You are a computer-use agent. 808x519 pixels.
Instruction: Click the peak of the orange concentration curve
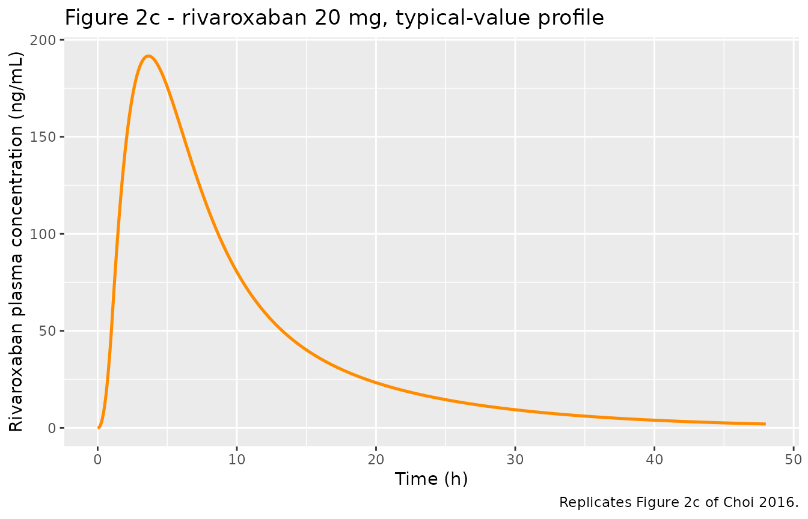tap(148, 56)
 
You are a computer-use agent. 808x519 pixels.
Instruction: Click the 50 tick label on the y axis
tap(47, 331)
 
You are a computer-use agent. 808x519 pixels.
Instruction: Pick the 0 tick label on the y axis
tap(52, 428)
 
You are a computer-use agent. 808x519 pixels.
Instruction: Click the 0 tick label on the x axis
tap(97, 460)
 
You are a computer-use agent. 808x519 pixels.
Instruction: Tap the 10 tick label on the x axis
tap(237, 460)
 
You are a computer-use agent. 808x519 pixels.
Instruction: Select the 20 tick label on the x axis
tap(376, 460)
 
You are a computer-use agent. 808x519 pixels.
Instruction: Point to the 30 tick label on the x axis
tap(515, 460)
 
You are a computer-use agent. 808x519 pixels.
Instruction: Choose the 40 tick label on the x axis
tap(654, 460)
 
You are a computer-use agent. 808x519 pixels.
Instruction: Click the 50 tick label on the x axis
tap(793, 460)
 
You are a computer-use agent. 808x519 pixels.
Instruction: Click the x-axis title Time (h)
tap(432, 479)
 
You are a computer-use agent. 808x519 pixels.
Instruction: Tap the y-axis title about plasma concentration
tap(16, 242)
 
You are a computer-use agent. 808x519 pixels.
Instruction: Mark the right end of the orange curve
tap(765, 424)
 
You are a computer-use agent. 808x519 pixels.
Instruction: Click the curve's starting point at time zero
tap(98, 428)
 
